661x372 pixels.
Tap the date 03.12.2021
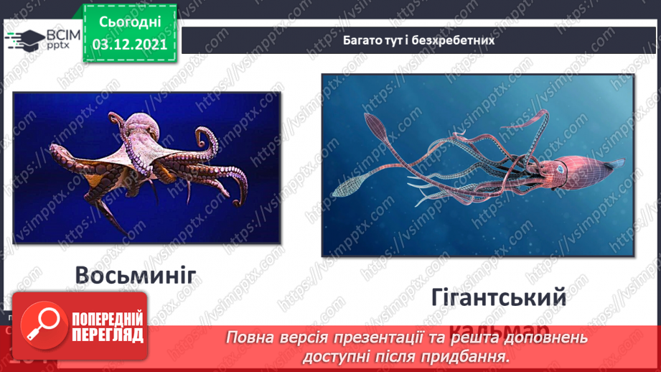coord(129,43)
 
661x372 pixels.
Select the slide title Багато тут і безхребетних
coord(418,41)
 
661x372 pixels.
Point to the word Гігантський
coord(499,297)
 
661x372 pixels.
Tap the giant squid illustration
coord(477,165)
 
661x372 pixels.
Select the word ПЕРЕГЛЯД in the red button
coord(106,335)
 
